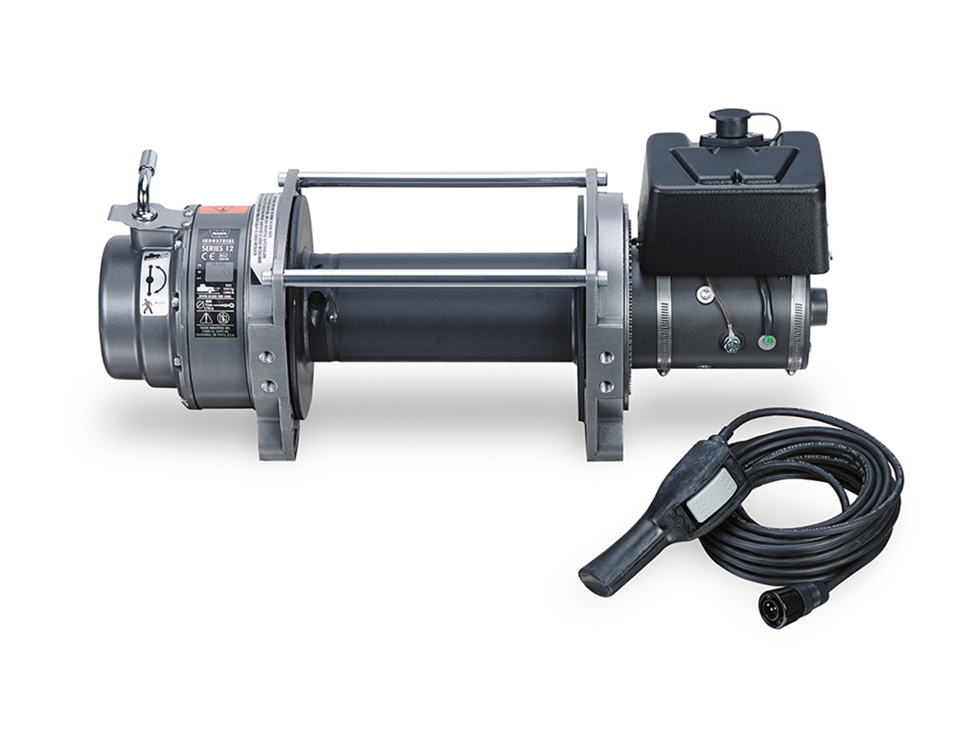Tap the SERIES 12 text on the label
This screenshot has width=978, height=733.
pos(216,248)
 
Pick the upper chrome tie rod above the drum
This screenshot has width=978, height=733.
pos(440,176)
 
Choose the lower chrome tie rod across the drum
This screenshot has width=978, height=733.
pos(440,278)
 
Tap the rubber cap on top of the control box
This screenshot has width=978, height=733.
pos(725,123)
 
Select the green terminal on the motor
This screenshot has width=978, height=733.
pos(764,341)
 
